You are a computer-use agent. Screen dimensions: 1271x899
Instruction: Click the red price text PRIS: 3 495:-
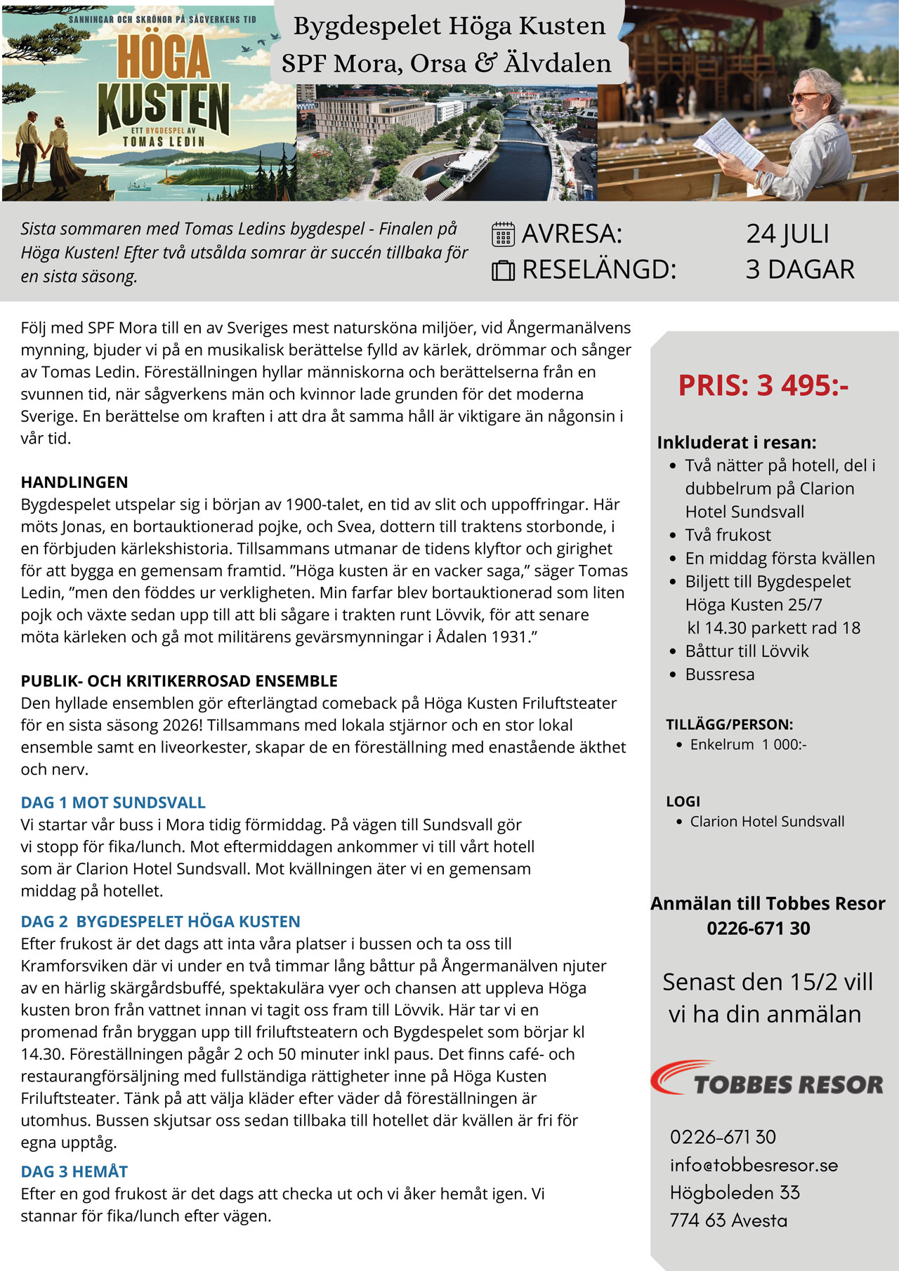[x=763, y=385]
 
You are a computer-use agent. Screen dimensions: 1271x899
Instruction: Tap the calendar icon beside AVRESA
[x=503, y=234]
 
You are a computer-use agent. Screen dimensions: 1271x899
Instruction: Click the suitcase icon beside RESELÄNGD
[x=503, y=270]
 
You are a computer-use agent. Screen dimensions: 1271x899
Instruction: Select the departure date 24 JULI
[x=787, y=234]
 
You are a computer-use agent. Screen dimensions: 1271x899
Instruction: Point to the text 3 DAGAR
[x=800, y=269]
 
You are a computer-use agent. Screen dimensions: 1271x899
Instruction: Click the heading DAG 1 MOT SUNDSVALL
[x=113, y=802]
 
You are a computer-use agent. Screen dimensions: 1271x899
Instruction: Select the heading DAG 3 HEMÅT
[x=74, y=1171]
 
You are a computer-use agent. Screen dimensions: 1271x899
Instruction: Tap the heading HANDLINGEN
[x=74, y=482]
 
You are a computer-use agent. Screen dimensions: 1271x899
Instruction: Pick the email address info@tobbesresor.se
[x=754, y=1165]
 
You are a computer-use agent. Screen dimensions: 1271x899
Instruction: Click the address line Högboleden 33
[x=735, y=1192]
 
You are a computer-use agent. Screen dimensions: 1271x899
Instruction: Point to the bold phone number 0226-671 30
[x=759, y=928]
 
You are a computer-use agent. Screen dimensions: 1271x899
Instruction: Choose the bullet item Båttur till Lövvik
[x=747, y=651]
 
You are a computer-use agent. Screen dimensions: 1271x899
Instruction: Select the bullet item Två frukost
[x=728, y=535]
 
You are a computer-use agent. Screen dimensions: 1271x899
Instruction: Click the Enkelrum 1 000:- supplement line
[x=748, y=744]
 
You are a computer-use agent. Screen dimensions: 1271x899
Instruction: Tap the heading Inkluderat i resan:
[x=737, y=442]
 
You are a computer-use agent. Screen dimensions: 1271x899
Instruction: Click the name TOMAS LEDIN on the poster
[x=164, y=142]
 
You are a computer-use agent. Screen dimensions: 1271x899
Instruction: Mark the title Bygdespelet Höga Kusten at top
[x=449, y=26]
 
